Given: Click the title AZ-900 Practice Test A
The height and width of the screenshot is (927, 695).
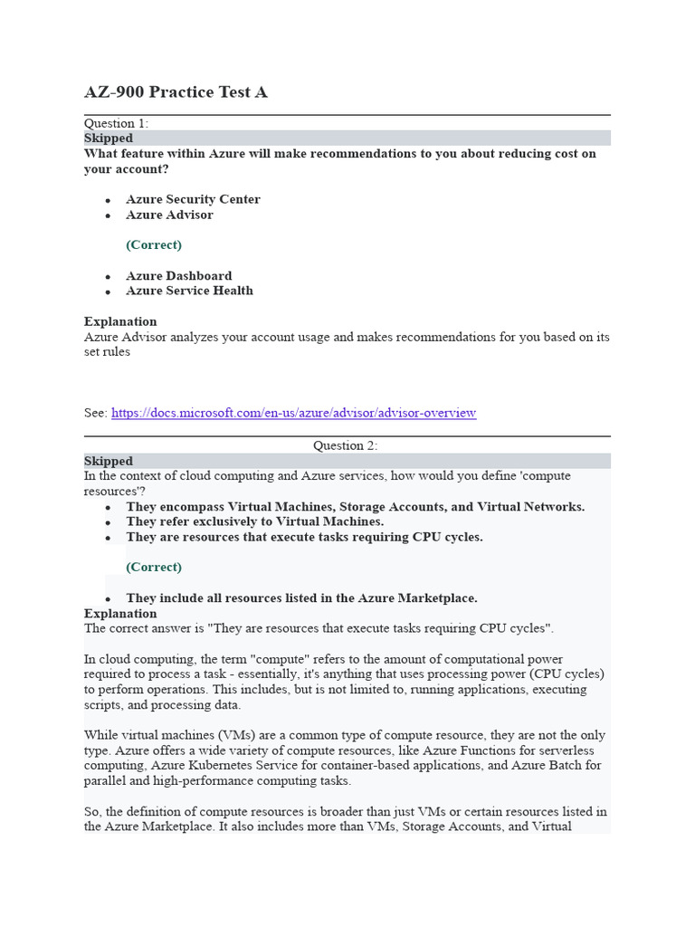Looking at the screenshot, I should point(176,92).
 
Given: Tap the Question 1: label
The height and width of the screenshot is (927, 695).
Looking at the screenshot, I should point(117,123).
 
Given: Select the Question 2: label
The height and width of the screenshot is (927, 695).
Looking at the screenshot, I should point(346,445).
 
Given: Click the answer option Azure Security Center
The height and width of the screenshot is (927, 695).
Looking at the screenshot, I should point(193,199).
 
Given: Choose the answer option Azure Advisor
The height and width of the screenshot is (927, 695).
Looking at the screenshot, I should point(169,215).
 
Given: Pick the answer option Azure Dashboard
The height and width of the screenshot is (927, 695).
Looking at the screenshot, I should point(178,275).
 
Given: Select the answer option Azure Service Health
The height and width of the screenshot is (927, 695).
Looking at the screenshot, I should point(189,291).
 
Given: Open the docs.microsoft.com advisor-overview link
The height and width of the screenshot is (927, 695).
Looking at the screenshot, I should point(293,413).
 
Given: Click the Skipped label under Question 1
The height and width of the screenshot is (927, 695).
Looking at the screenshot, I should point(109,139).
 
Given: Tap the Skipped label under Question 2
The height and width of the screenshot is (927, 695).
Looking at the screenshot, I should point(109,461).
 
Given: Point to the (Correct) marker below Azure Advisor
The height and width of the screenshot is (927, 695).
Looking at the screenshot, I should point(154,244).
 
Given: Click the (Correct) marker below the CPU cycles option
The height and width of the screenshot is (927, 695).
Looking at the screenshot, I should point(154,567).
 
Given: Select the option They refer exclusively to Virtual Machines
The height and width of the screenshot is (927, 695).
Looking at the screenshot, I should point(254,521).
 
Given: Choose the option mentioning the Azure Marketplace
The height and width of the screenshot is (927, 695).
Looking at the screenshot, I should point(301,597).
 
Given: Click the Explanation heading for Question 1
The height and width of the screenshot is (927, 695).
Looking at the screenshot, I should point(120,321).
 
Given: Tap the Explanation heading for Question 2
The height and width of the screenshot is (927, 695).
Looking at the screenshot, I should point(120,613).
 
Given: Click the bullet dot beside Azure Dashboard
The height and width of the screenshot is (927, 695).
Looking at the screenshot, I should point(108,276).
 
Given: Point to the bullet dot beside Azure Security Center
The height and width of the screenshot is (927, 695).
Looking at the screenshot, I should point(108,200).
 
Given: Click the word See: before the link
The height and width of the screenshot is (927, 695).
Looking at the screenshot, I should point(96,413).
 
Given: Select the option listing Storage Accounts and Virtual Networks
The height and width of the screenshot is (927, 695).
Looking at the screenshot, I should point(355,506).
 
